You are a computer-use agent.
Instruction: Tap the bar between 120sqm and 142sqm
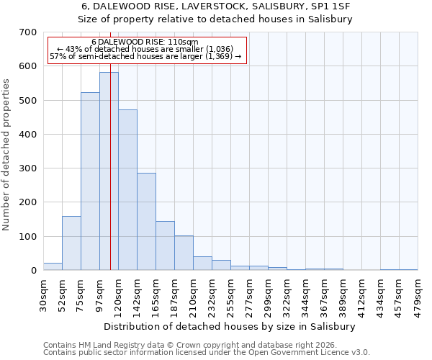127,190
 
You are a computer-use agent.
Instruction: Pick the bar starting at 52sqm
71,243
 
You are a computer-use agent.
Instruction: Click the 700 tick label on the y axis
28,32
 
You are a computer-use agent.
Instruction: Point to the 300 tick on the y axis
28,168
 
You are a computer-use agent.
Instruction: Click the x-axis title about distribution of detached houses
235,326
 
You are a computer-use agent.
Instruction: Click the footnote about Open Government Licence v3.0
206,353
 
